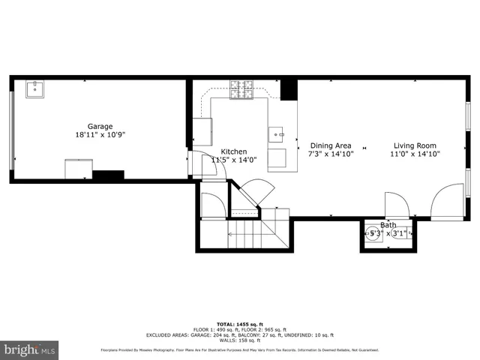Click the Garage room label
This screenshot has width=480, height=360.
(100, 126)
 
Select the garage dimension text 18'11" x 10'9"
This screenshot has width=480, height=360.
(100, 136)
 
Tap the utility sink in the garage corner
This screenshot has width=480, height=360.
(35, 90)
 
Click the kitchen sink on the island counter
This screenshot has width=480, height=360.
(278, 135)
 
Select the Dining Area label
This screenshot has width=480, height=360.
(331, 145)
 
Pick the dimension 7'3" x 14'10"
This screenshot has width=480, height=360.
(331, 154)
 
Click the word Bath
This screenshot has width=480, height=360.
(388, 225)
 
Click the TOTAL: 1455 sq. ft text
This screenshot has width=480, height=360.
(240, 323)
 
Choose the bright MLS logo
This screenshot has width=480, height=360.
(30, 349)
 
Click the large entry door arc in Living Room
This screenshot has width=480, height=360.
(448, 200)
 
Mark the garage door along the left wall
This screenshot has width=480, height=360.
(11, 130)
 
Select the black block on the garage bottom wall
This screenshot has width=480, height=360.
(107, 175)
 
